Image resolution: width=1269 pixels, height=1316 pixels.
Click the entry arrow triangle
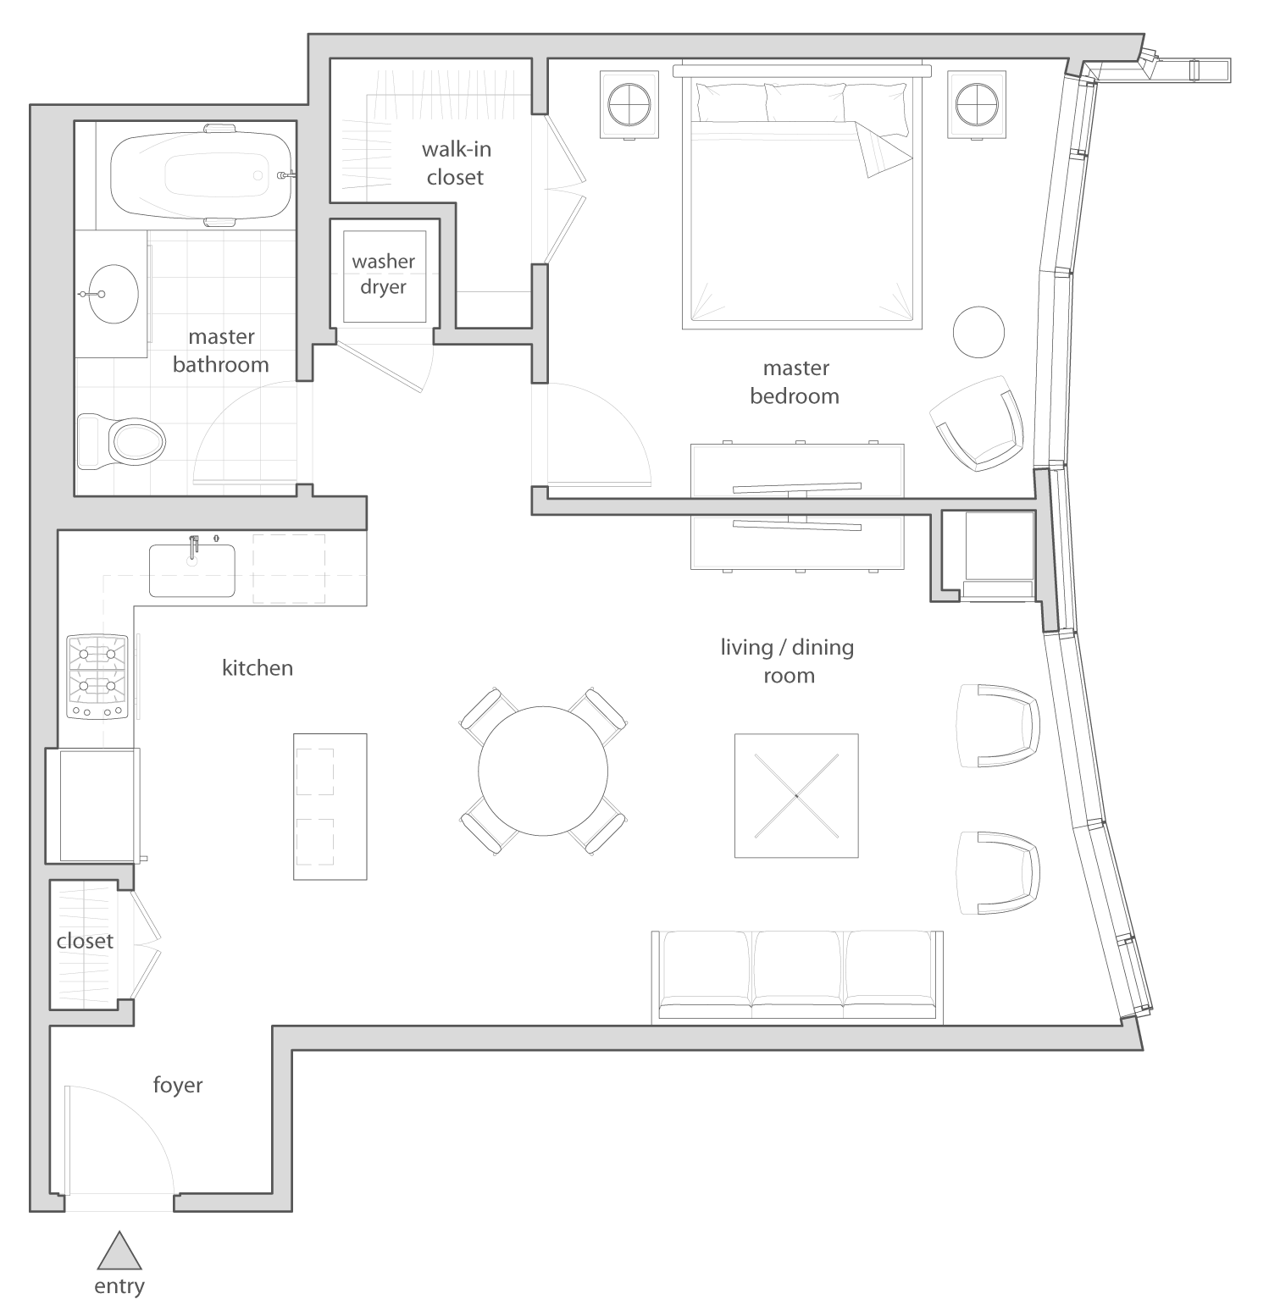click(x=119, y=1251)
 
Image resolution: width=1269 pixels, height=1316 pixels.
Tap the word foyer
click(x=178, y=1085)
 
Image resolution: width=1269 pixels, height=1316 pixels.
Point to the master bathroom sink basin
click(x=114, y=294)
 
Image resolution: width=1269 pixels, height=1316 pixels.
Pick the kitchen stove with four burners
click(x=97, y=677)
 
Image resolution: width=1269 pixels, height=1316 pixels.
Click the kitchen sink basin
click(x=192, y=571)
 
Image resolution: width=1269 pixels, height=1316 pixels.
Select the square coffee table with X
click(x=796, y=795)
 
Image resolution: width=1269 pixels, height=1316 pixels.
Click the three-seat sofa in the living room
click(x=797, y=977)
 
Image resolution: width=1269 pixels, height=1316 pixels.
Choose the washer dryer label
click(x=384, y=274)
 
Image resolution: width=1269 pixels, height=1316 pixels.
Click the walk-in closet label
click(x=456, y=163)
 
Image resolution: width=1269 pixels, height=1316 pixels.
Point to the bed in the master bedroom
click(x=801, y=195)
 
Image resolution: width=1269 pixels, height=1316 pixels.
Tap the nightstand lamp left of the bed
click(x=629, y=104)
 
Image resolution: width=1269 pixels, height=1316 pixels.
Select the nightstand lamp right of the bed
click(x=978, y=104)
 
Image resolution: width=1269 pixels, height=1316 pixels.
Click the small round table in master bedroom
click(x=979, y=332)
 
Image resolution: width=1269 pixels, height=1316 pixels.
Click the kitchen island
click(x=330, y=806)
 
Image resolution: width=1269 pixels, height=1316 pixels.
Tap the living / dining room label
click(x=788, y=661)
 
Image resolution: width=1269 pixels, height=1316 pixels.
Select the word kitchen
click(x=258, y=667)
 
